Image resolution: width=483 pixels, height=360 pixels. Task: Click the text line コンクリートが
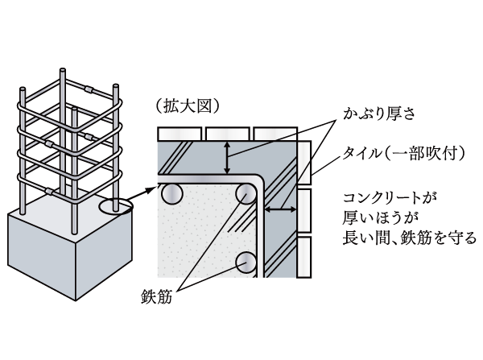[x=388, y=196]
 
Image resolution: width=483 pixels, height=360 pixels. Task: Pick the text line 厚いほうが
[x=372, y=217]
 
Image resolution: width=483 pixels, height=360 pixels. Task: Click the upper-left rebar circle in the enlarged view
[x=171, y=193]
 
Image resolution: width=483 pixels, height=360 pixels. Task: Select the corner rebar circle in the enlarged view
[x=245, y=193]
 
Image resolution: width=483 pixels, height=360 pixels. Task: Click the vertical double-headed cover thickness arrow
[x=228, y=157]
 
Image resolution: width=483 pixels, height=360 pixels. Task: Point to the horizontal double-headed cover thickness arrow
[x=278, y=209]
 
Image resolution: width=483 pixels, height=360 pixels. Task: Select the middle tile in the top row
[x=228, y=132]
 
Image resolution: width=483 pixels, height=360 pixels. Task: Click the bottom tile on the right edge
[x=304, y=256]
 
